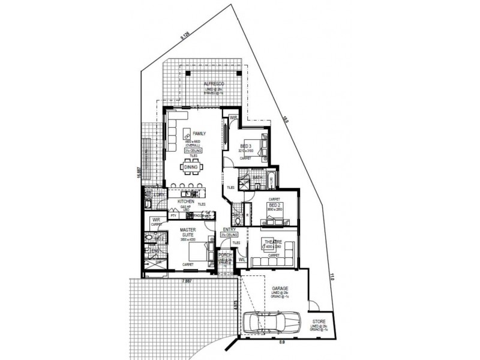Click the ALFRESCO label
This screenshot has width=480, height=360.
click(214, 84)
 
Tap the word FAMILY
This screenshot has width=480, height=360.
click(199, 134)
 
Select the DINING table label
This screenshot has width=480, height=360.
click(191, 167)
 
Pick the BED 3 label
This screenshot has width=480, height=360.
click(246, 146)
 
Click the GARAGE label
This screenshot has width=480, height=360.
click(280, 289)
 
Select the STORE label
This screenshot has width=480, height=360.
click(317, 322)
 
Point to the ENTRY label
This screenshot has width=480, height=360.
click(228, 230)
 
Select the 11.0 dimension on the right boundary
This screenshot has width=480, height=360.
click(331, 277)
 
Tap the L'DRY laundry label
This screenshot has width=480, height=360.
click(159, 195)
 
